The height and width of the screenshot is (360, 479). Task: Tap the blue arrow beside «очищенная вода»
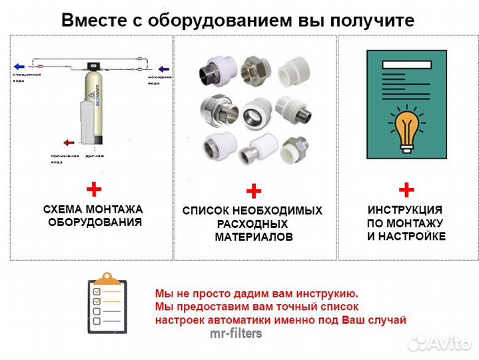click(20, 67)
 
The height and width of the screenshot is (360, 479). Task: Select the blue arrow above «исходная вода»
click(162, 67)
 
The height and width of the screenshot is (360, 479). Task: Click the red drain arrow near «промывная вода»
click(68, 142)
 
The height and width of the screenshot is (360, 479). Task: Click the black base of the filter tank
click(95, 139)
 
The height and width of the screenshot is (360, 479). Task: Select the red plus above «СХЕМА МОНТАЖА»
click(95, 190)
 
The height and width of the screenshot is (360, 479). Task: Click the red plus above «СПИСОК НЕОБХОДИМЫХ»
click(253, 192)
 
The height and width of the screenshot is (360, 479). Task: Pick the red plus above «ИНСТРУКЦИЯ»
click(406, 190)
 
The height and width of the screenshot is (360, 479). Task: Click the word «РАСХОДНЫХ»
click(252, 224)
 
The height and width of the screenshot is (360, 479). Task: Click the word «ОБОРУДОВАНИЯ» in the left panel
click(95, 222)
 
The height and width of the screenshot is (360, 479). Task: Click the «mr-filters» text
click(236, 333)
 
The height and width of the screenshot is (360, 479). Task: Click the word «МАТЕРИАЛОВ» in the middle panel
click(253, 237)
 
